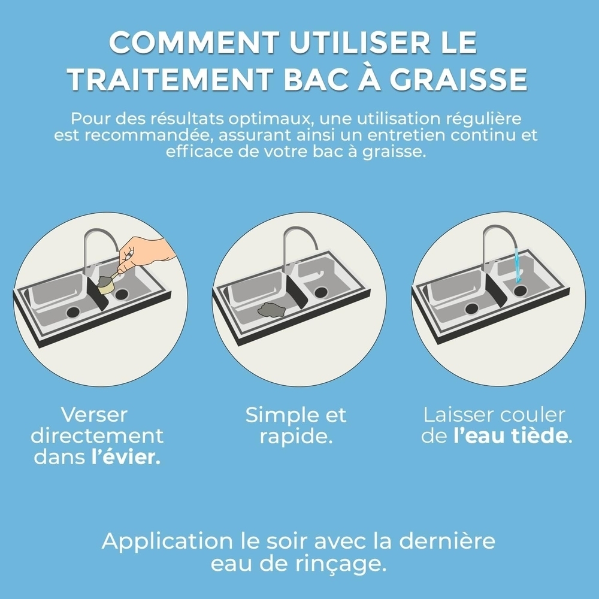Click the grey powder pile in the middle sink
[271, 310]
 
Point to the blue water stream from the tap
[516, 267]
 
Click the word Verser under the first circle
[95, 415]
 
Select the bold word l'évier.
[126, 457]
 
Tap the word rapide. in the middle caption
[296, 436]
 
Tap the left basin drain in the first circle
[74, 311]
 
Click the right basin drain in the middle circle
[321, 292]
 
